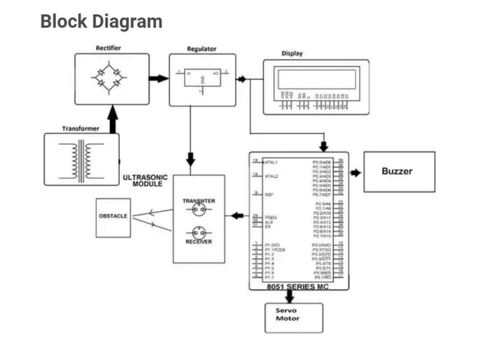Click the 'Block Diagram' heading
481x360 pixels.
coord(101,21)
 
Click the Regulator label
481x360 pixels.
coord(201,49)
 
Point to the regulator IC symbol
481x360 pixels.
coord(201,78)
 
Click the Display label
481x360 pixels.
coord(292,53)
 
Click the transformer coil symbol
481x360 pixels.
coord(81,159)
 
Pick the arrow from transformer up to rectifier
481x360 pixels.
coord(112,119)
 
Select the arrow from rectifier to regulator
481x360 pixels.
coord(158,78)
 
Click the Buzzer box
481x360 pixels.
coord(399,172)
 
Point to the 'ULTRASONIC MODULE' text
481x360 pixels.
coord(145,181)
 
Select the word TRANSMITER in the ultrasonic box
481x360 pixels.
coord(199,201)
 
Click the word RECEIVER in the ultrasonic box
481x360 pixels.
coord(199,242)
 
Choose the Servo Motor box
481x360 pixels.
coord(293,316)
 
